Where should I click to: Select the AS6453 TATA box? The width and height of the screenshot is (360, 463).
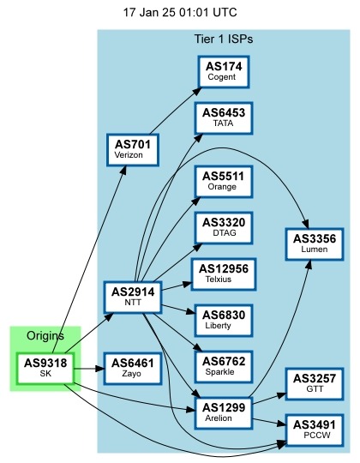click(x=224, y=117)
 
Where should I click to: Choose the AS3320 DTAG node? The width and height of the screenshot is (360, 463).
click(x=224, y=226)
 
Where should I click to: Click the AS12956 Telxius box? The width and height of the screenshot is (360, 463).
click(x=224, y=274)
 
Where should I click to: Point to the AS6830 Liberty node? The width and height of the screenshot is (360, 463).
click(x=224, y=320)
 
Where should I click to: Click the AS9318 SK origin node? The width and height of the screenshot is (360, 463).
click(x=45, y=369)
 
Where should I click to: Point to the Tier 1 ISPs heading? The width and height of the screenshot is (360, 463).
click(x=224, y=39)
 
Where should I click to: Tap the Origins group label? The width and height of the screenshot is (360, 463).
click(x=45, y=335)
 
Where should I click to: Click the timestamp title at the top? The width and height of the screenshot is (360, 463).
click(x=180, y=13)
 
